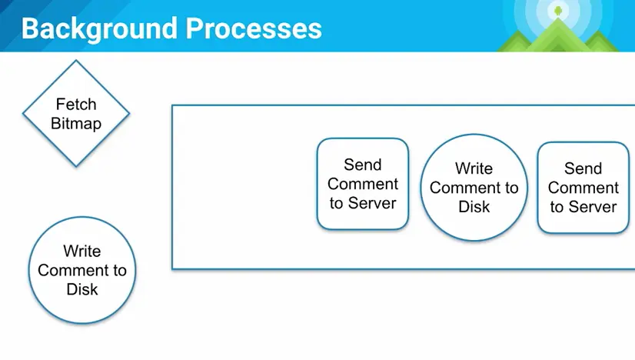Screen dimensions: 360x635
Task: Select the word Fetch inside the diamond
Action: point(76,104)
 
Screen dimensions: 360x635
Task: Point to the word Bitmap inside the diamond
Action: point(76,123)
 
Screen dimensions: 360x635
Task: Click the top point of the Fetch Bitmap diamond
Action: point(76,62)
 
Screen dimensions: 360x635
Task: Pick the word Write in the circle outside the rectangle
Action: point(82,251)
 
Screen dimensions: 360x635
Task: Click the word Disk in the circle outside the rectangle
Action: point(82,289)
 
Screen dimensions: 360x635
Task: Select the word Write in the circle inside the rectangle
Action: point(474,168)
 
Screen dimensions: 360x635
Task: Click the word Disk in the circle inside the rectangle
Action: point(474,207)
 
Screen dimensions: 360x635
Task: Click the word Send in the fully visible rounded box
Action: point(363,165)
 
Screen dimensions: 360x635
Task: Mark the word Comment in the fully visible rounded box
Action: point(363,184)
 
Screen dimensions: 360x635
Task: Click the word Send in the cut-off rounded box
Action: point(583,168)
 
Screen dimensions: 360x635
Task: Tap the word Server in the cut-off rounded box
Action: point(593,207)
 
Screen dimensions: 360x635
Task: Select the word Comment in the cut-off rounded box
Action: point(583,188)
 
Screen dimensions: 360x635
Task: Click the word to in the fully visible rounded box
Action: point(337,203)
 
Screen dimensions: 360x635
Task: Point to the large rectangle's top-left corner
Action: point(172,105)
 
